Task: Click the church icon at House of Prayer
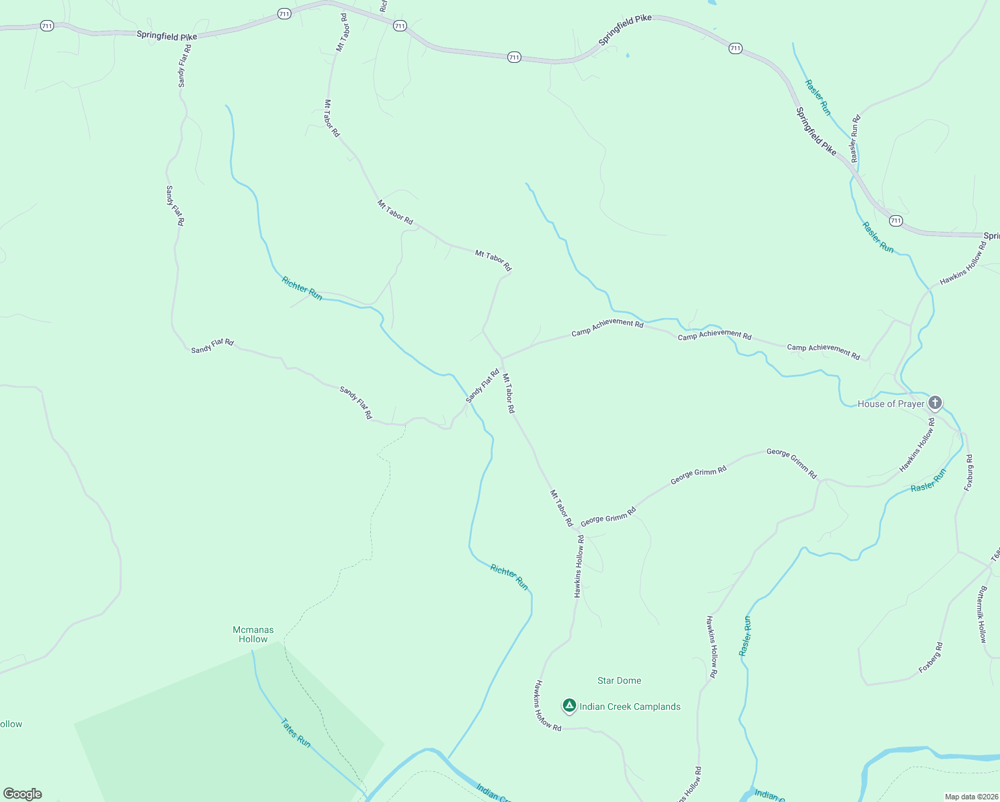pyautogui.click(x=935, y=402)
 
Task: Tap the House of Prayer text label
pyautogui.click(x=890, y=404)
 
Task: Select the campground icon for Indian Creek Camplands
pyautogui.click(x=569, y=706)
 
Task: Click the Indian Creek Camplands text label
pyautogui.click(x=630, y=706)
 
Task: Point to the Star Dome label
pyautogui.click(x=619, y=680)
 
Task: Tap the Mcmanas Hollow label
pyautogui.click(x=253, y=634)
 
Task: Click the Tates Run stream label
pyautogui.click(x=295, y=732)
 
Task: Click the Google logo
pyautogui.click(x=22, y=793)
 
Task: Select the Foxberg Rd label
pyautogui.click(x=930, y=658)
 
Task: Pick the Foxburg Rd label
pyautogui.click(x=969, y=473)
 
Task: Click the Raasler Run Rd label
pyautogui.click(x=855, y=138)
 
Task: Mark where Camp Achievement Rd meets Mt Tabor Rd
pyautogui.click(x=502, y=358)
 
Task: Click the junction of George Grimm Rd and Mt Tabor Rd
pyautogui.click(x=576, y=529)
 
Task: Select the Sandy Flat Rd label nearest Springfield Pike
pyautogui.click(x=184, y=65)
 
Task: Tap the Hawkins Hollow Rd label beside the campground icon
pyautogui.click(x=547, y=705)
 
